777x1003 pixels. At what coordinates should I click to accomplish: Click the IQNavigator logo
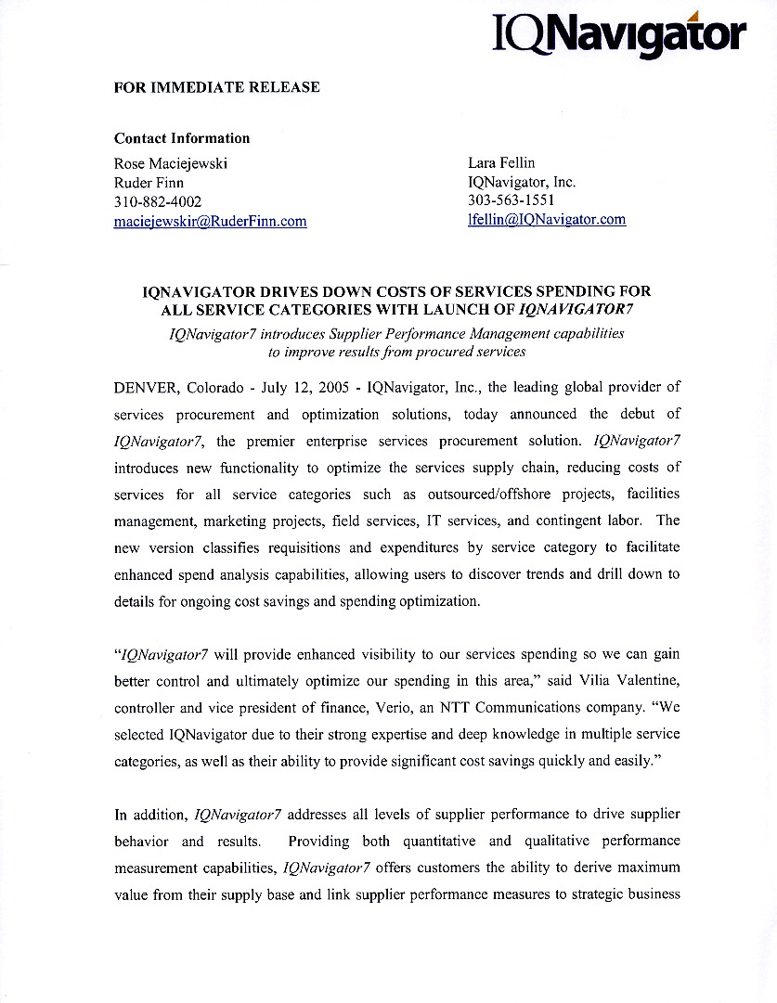tap(619, 34)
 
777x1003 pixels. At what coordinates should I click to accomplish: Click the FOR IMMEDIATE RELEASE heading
tap(216, 87)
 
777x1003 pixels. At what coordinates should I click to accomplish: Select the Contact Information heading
tap(182, 138)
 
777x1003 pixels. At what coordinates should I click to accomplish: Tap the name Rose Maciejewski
tap(171, 163)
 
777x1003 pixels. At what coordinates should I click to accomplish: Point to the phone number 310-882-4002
tap(158, 201)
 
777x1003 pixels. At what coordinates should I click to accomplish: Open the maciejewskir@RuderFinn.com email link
tap(210, 221)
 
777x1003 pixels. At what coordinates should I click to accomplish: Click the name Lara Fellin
tap(501, 163)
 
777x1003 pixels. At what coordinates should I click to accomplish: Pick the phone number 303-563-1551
tap(512, 200)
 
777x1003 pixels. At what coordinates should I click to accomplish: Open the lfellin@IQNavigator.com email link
tap(547, 220)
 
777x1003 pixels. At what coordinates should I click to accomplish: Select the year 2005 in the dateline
tap(333, 387)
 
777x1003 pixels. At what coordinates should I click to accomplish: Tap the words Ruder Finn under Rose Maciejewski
tap(149, 183)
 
